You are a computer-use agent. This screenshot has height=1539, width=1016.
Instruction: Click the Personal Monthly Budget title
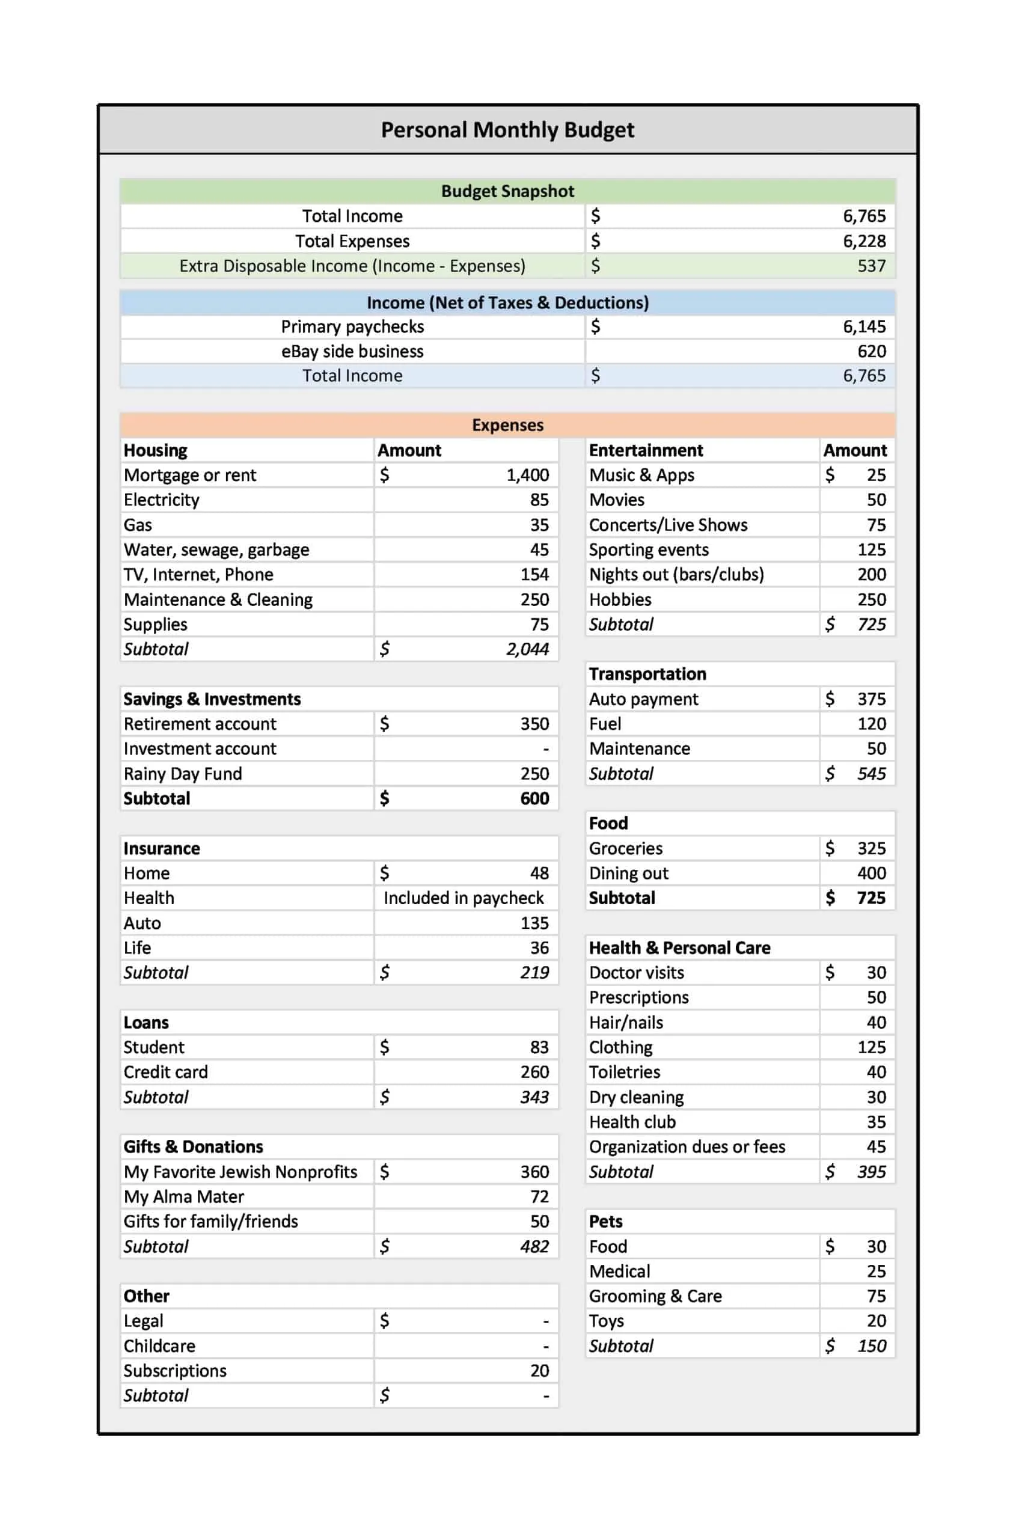pyautogui.click(x=507, y=130)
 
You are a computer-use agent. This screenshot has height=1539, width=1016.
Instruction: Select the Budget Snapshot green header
pyautogui.click(x=507, y=191)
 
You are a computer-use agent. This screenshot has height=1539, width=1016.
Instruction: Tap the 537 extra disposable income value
pyautogui.click(x=871, y=266)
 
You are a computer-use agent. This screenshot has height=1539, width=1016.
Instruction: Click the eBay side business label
pyautogui.click(x=352, y=351)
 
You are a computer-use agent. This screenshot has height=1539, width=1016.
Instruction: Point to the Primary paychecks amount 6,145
pyautogui.click(x=864, y=326)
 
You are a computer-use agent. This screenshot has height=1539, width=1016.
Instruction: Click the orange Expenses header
pyautogui.click(x=507, y=425)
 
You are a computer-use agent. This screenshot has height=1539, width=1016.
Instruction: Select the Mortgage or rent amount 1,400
pyautogui.click(x=527, y=475)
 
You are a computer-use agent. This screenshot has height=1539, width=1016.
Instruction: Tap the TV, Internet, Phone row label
pyautogui.click(x=198, y=574)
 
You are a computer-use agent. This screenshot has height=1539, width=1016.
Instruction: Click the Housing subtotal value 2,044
pyautogui.click(x=527, y=649)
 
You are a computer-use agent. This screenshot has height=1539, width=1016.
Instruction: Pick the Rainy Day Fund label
pyautogui.click(x=183, y=774)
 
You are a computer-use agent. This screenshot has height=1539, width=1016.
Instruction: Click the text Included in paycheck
pyautogui.click(x=464, y=898)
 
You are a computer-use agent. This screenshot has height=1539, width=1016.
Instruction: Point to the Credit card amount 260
pyautogui.click(x=534, y=1072)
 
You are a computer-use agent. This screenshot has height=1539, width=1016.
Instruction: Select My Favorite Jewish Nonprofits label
pyautogui.click(x=240, y=1172)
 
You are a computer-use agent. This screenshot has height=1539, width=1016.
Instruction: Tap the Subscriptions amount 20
pyautogui.click(x=539, y=1371)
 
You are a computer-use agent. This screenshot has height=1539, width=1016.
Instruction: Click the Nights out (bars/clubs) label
pyautogui.click(x=676, y=574)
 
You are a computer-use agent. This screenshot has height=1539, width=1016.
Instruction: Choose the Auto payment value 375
pyautogui.click(x=871, y=699)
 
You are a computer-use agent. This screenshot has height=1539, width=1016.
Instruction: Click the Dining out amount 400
pyautogui.click(x=871, y=873)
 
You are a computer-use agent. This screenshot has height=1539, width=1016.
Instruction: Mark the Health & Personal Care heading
pyautogui.click(x=680, y=948)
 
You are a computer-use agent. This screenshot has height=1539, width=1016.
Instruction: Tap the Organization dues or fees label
pyautogui.click(x=687, y=1147)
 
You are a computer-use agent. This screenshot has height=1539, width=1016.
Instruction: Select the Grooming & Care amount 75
pyautogui.click(x=876, y=1296)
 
